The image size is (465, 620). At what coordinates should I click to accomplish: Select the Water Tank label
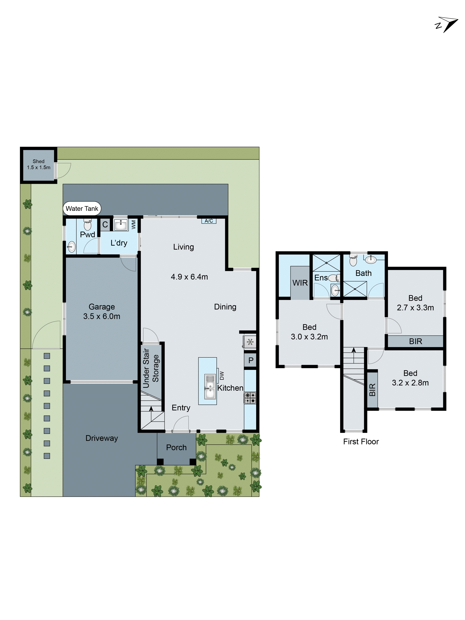tap(82, 209)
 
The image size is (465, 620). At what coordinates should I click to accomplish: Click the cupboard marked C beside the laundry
tap(105, 224)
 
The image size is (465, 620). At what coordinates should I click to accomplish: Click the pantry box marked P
tap(251, 360)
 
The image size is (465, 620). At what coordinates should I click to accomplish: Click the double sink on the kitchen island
tap(210, 387)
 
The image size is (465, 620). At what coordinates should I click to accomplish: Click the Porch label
tap(176, 447)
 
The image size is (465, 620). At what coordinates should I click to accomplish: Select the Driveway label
tap(102, 438)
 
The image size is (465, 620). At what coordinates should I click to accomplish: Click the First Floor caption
tap(361, 442)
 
